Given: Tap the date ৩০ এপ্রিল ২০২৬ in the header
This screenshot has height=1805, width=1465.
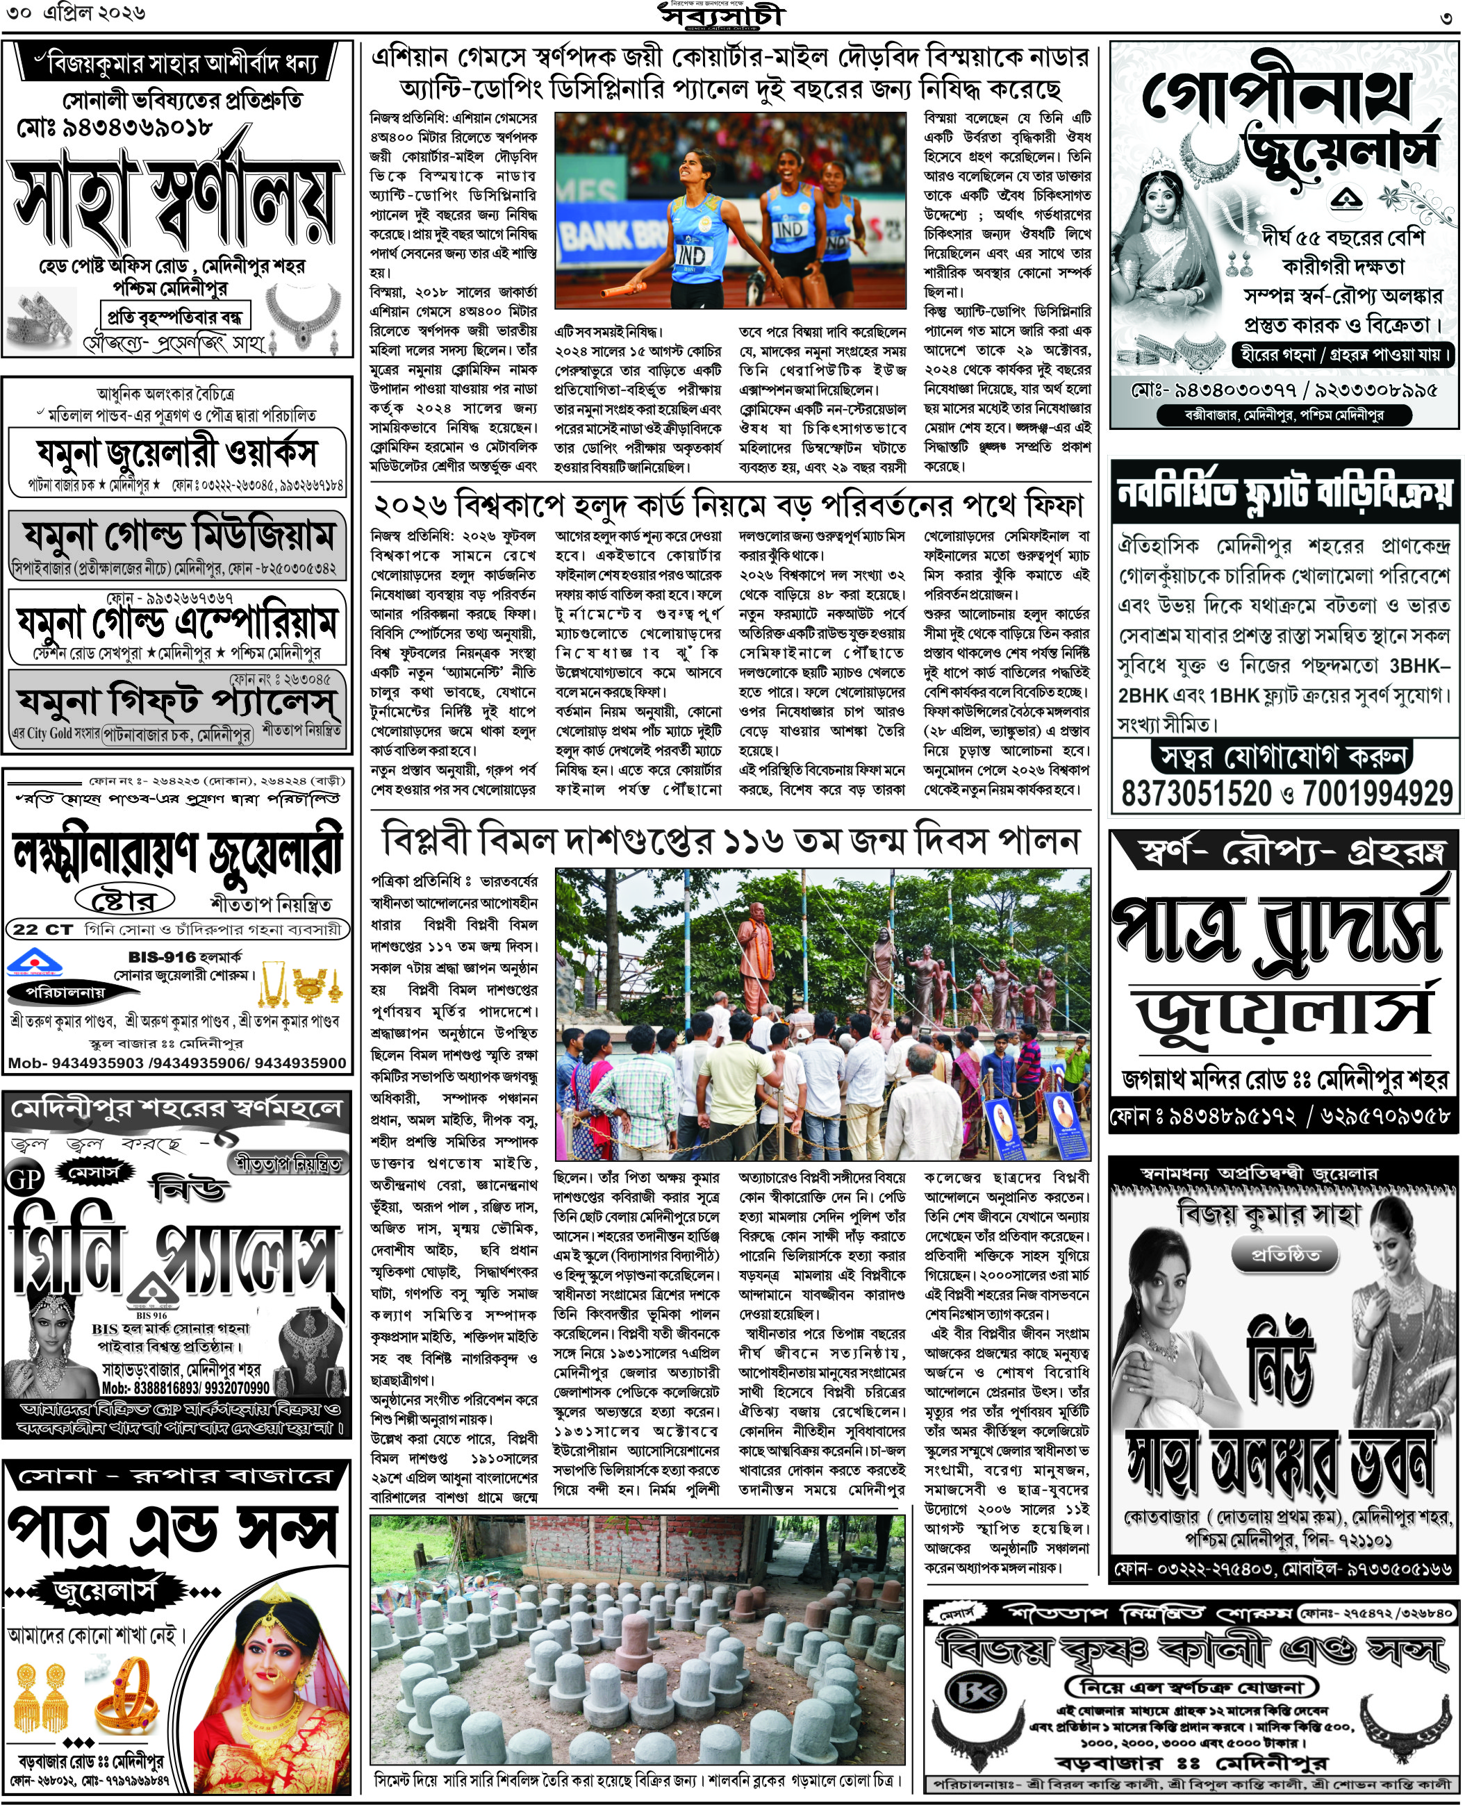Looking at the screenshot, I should [x=75, y=13].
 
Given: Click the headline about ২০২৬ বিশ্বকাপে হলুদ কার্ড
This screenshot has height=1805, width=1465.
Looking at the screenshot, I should [x=728, y=506].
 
